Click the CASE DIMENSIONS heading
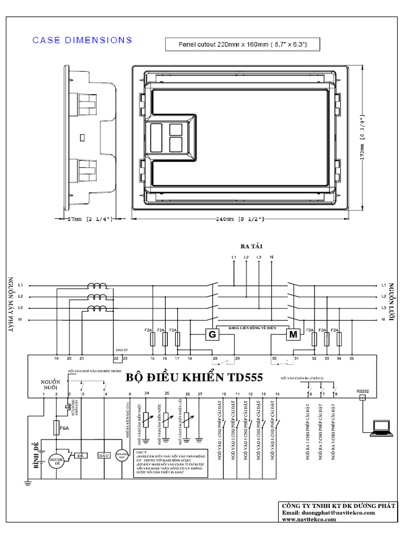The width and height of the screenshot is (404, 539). [x=82, y=40]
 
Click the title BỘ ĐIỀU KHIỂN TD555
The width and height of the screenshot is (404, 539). [x=194, y=378]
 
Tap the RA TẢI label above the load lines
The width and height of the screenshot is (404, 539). [x=251, y=246]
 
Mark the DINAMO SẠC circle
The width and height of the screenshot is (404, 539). [x=123, y=456]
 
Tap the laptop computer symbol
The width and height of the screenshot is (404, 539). [x=381, y=428]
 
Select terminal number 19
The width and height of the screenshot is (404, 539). [x=56, y=358]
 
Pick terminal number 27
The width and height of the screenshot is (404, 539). [x=199, y=394]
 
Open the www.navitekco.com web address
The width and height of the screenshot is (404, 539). [x=309, y=519]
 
